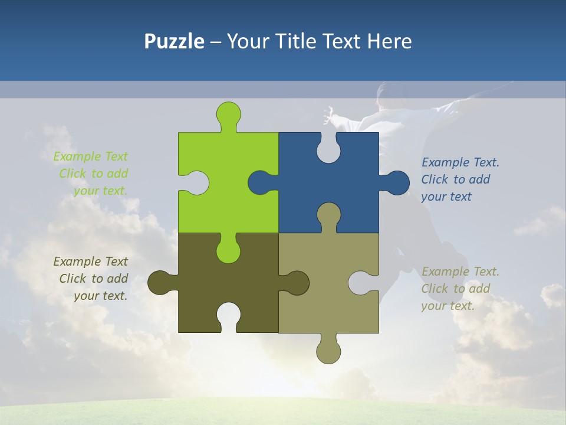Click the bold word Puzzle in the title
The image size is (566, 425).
click(175, 41)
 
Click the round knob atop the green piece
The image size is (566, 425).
click(228, 113)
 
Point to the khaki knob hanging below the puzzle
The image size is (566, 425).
click(328, 352)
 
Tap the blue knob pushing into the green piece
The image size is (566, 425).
click(260, 182)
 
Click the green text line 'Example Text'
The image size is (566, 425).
click(90, 156)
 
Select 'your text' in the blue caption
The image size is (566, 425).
click(446, 197)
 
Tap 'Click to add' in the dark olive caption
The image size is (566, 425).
click(94, 279)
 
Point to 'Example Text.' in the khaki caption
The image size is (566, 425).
click(460, 272)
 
